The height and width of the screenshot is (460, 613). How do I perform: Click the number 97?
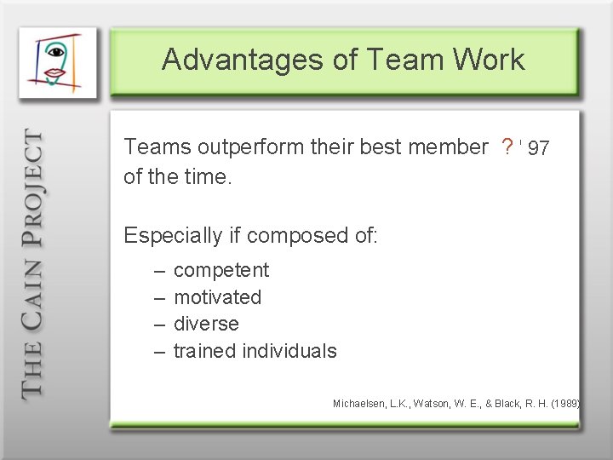click(538, 149)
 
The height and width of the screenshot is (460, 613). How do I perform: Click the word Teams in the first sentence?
click(152, 147)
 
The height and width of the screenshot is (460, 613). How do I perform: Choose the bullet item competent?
click(221, 271)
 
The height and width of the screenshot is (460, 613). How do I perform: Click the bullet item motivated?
click(217, 297)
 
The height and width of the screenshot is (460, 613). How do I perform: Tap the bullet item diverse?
click(206, 324)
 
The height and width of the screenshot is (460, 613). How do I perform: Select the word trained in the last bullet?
click(204, 351)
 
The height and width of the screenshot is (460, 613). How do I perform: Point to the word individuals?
click(289, 351)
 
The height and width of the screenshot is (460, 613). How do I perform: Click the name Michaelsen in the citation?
click(358, 403)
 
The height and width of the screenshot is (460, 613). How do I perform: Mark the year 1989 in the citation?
click(564, 403)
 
